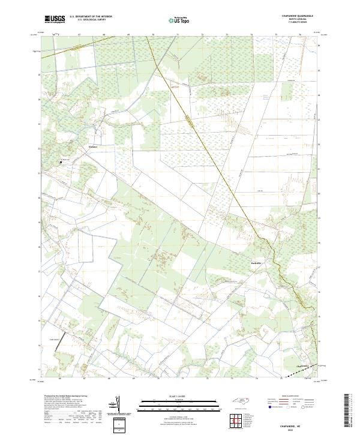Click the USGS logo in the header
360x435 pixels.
point(55,19)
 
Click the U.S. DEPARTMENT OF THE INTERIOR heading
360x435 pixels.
point(91,17)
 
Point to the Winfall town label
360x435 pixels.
point(92,146)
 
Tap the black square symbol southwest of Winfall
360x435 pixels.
point(60,161)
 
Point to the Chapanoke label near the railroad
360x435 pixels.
point(304,366)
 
